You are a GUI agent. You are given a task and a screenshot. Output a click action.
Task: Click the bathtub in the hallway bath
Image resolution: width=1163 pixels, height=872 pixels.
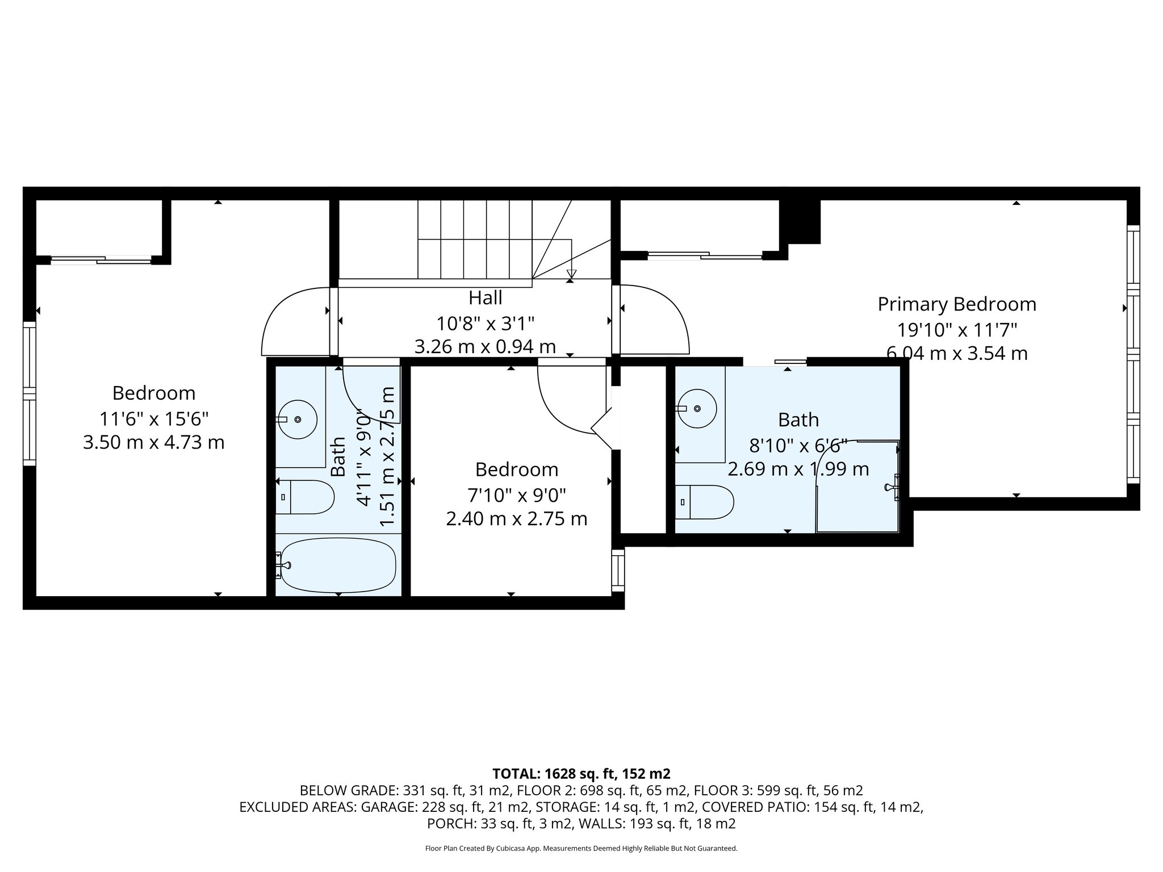click(338, 565)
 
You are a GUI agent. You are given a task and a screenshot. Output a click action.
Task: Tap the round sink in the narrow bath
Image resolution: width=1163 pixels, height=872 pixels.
click(297, 420)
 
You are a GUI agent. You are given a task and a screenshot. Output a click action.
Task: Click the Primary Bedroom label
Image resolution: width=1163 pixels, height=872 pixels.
click(957, 304)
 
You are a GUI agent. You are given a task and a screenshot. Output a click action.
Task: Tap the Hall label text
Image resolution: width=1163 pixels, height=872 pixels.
click(485, 297)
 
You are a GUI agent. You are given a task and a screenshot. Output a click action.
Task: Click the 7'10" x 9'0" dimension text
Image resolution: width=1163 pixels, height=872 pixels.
click(516, 495)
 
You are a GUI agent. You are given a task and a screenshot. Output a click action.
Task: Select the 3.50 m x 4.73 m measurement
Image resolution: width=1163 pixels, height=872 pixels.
click(153, 442)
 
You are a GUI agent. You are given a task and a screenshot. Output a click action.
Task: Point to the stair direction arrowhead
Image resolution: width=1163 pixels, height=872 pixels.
click(571, 274)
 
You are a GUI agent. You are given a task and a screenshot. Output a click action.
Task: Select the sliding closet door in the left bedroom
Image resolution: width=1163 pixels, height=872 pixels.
click(101, 260)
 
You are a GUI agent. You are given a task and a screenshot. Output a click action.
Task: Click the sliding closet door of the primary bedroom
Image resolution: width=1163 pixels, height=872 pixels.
click(704, 255)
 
